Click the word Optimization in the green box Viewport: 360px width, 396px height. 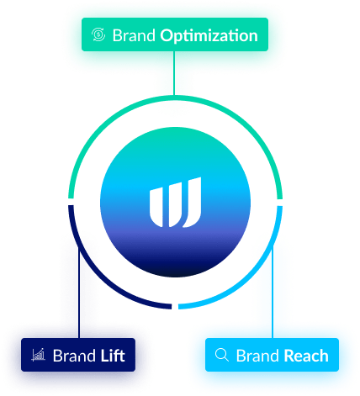[209, 36]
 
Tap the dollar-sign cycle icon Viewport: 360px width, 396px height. [98, 34]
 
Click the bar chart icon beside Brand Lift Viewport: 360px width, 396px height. [38, 355]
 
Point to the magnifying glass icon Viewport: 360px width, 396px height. [222, 355]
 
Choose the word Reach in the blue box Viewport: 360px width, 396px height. [306, 356]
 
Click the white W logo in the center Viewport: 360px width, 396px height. [175, 203]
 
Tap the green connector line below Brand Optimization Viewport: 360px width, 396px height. [174, 73]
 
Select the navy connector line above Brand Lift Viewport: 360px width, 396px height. [79, 293]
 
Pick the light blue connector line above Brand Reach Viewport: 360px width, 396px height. [272, 293]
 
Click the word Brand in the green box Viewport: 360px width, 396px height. [134, 35]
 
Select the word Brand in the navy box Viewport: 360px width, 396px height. [74, 356]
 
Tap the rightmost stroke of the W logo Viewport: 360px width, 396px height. [193, 203]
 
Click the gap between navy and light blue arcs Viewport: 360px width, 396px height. [175, 306]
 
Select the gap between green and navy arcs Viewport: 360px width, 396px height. [71, 203]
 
